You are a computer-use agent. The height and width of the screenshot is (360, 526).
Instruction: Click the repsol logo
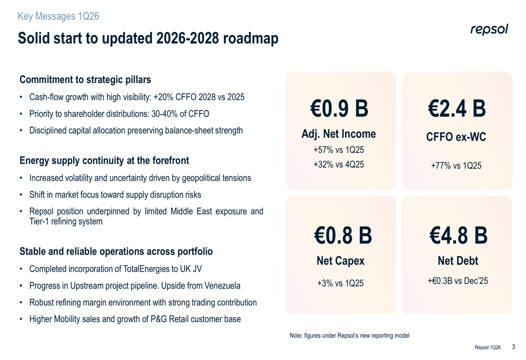point(489,30)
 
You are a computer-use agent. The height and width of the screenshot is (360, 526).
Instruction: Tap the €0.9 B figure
point(340,109)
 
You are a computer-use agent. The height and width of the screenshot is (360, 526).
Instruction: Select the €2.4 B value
point(457,109)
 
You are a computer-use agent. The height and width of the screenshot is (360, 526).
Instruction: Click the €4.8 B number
point(458,235)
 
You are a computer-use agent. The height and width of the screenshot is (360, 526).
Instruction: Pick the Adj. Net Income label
point(339,134)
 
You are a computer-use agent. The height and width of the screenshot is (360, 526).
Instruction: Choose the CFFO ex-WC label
point(456,137)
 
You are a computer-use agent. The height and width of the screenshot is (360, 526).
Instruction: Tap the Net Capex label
point(340,261)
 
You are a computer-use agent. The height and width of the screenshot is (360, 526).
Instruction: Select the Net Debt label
point(458,261)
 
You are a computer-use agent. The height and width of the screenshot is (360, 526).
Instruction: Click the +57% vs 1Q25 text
point(339,150)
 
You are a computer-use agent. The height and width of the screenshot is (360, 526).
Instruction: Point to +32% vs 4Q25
point(339,164)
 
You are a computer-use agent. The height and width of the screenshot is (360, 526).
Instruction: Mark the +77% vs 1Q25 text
point(456,166)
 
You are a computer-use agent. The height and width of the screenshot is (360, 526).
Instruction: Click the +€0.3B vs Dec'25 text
point(458,281)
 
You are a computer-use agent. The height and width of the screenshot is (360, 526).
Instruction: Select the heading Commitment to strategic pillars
point(85,80)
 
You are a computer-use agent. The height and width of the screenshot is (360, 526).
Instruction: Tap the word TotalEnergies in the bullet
point(147,269)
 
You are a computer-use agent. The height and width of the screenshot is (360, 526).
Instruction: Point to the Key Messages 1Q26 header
point(58,16)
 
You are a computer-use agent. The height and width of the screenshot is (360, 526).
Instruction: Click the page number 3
point(513,347)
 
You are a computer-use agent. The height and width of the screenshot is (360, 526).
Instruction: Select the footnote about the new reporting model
point(349,335)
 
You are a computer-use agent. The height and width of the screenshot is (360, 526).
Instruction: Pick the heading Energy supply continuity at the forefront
point(104,160)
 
